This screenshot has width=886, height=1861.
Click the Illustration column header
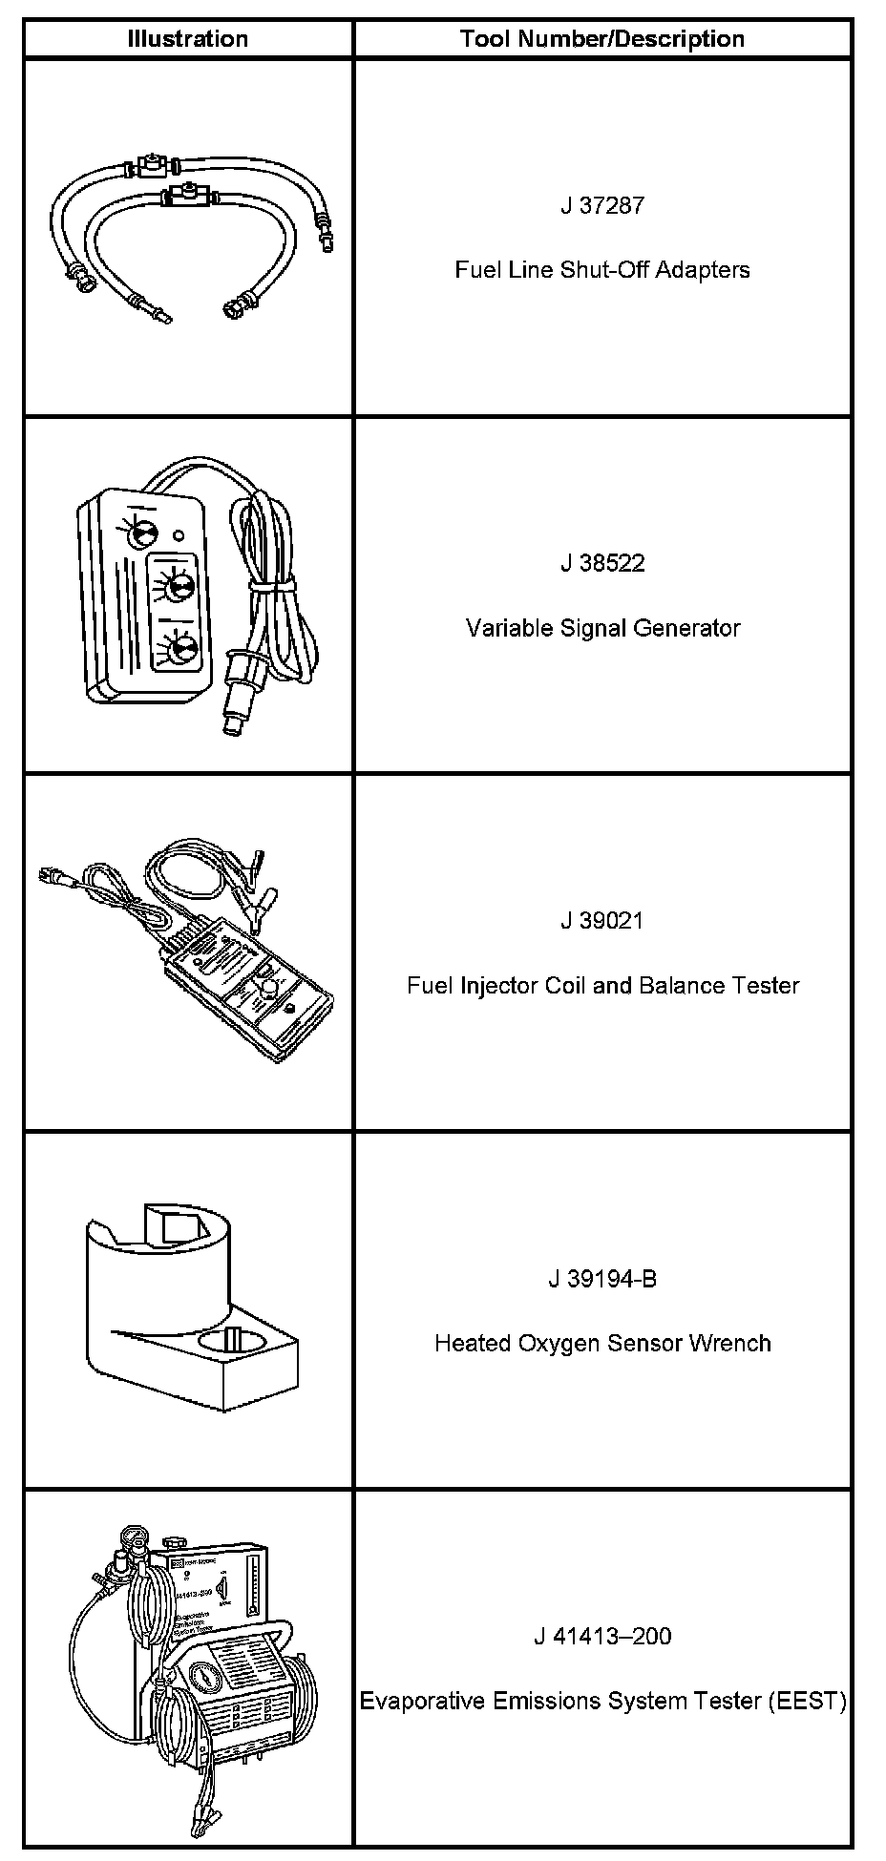[188, 39]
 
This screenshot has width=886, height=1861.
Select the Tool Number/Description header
[601, 39]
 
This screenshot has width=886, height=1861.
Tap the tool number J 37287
[601, 205]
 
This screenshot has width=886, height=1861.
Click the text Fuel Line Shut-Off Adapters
[601, 270]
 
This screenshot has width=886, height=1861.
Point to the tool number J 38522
[601, 563]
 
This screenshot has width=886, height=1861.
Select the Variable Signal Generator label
[601, 628]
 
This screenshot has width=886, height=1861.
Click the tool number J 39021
[601, 921]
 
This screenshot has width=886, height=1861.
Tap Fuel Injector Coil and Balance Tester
[601, 986]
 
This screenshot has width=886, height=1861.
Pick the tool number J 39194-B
[601, 1279]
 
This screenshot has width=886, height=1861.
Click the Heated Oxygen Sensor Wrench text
[601, 1344]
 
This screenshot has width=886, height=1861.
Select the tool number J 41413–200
[601, 1637]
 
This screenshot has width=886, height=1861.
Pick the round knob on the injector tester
[269, 987]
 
